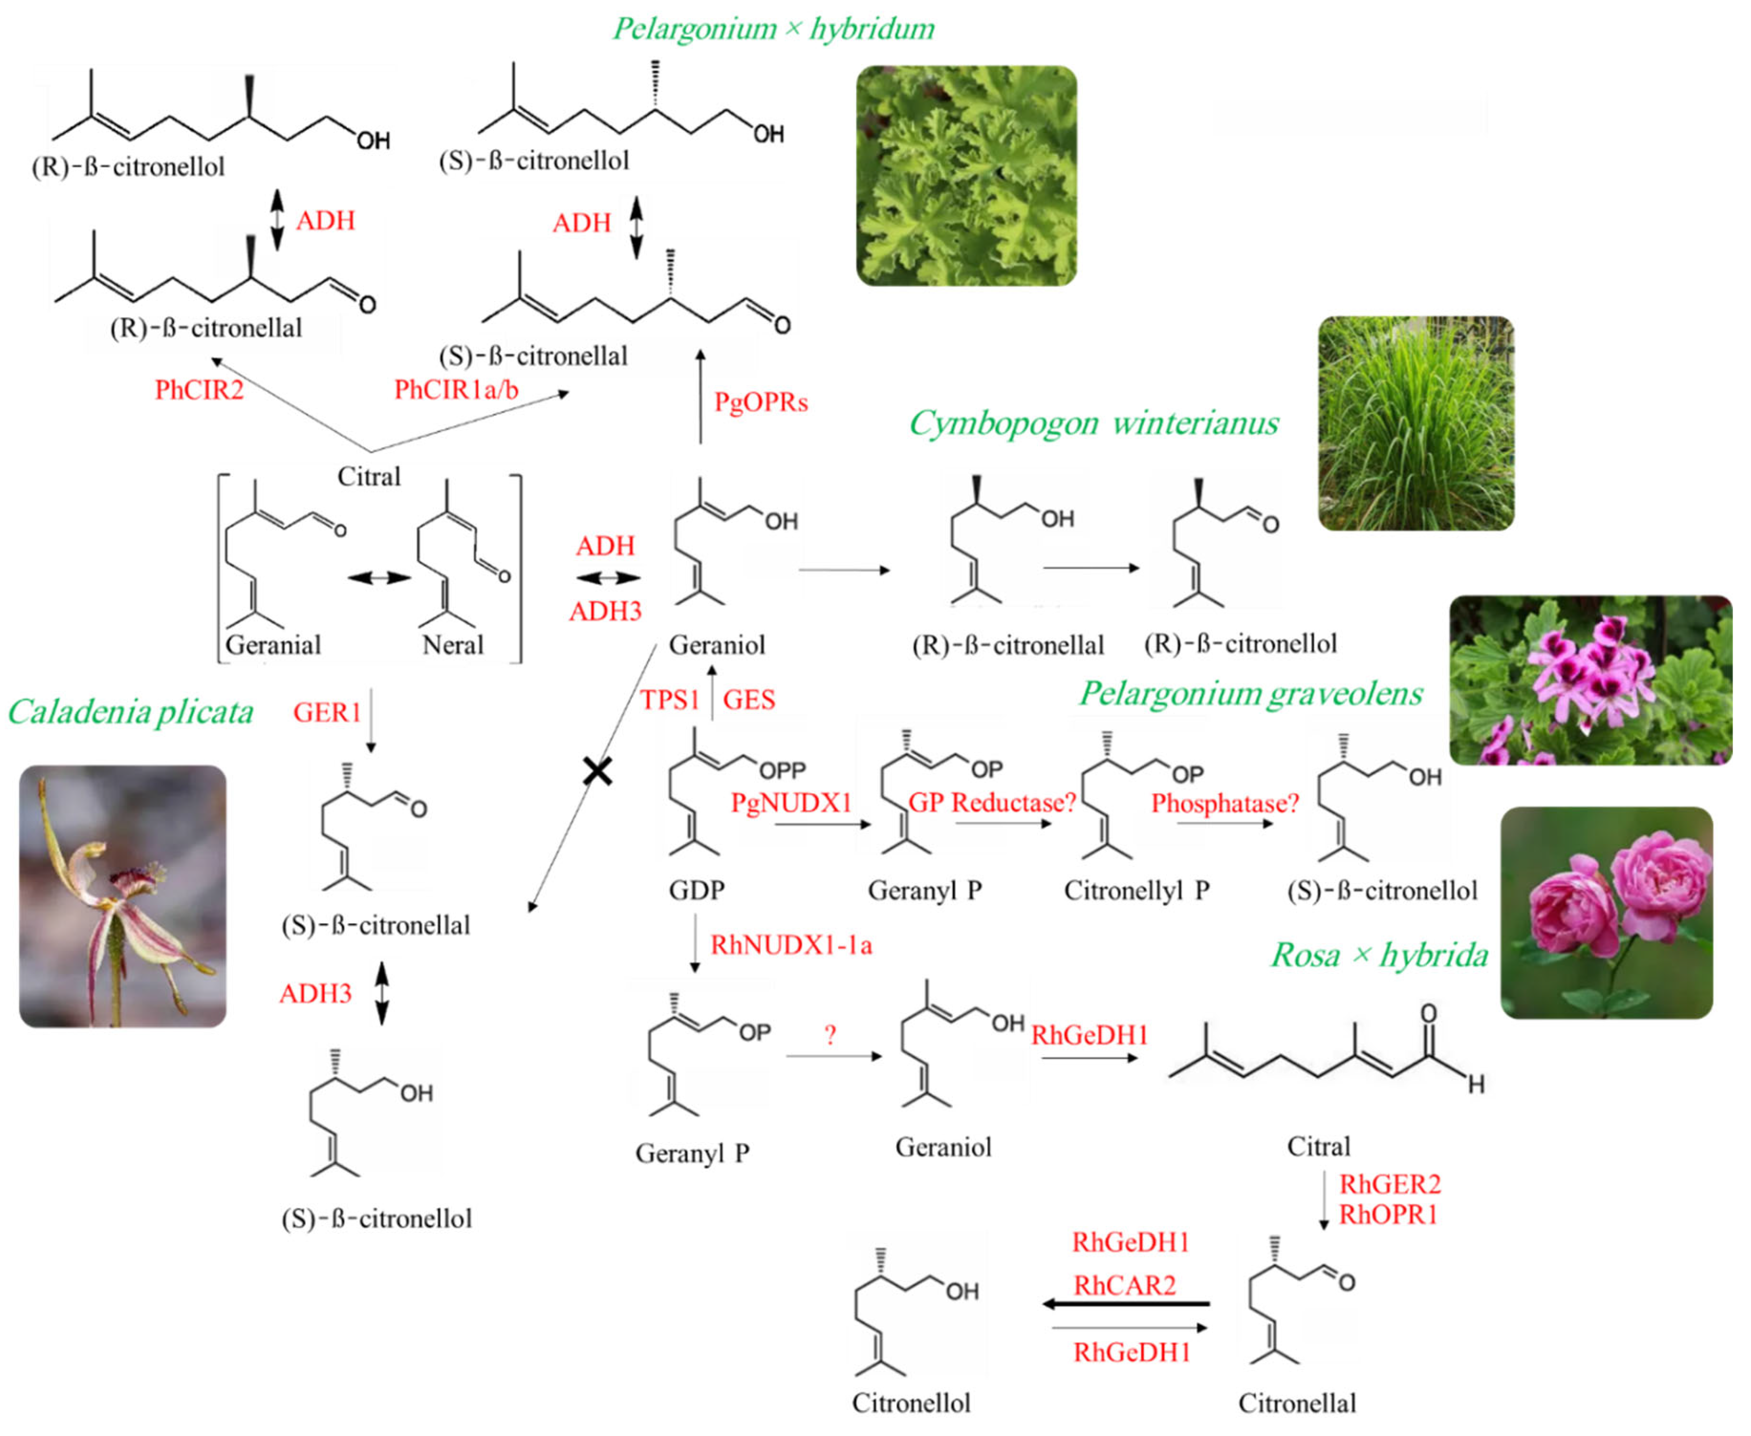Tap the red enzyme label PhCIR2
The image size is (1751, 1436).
[x=200, y=389]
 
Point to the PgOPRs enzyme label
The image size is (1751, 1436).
[x=760, y=402]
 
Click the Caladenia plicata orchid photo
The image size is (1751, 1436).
[x=122, y=895]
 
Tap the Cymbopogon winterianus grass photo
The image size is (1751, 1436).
[x=1415, y=422]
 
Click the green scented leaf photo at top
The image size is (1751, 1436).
[x=966, y=175]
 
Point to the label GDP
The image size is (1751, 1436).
[x=696, y=890]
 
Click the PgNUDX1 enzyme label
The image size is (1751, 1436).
[x=791, y=802]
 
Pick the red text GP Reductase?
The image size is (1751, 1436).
[x=992, y=802]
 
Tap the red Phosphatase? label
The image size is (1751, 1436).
[x=1225, y=802]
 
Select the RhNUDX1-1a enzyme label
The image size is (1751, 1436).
[x=791, y=944]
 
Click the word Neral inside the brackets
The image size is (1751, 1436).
[x=452, y=644]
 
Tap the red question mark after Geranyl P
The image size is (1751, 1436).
[x=830, y=1035]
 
